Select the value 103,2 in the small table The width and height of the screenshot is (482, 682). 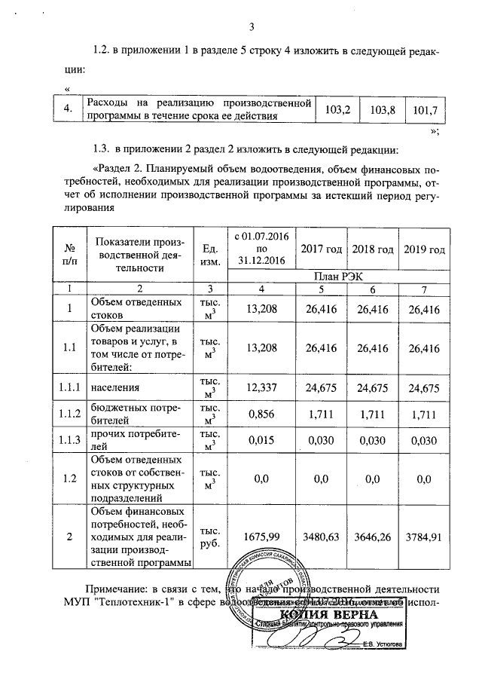(337, 110)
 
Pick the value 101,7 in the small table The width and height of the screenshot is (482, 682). (426, 110)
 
